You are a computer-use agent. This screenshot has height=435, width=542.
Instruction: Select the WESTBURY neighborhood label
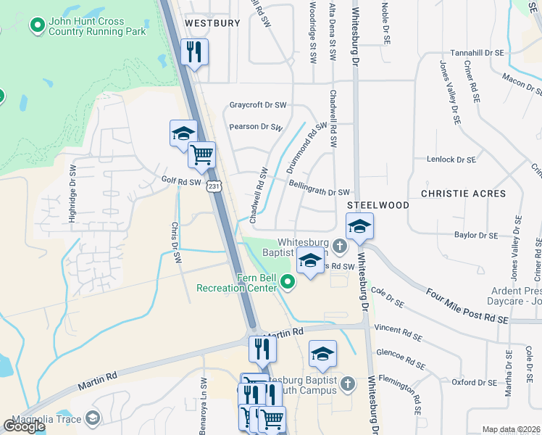coord(212,23)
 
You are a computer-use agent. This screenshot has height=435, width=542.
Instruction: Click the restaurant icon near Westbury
coord(193,52)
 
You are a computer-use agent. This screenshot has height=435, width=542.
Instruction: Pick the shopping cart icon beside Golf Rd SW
coord(201,154)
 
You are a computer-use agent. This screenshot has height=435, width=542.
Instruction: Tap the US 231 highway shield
coord(213,186)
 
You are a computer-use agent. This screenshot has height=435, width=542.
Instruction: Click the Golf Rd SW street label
coord(180,181)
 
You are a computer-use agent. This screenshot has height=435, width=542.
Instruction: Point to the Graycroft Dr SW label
coord(258,104)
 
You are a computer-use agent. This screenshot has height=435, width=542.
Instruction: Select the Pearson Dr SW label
coord(255,127)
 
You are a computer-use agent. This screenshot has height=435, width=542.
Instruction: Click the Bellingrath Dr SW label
coord(319,192)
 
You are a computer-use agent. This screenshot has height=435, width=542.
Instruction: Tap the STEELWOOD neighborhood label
coord(378,205)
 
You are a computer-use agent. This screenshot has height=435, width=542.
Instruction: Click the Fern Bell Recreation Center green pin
coord(288,283)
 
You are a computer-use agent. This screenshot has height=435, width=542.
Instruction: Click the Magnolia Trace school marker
coord(93,418)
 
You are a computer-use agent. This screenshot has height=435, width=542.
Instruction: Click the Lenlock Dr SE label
coord(451,159)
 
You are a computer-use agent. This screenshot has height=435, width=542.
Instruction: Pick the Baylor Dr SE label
coord(476,236)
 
